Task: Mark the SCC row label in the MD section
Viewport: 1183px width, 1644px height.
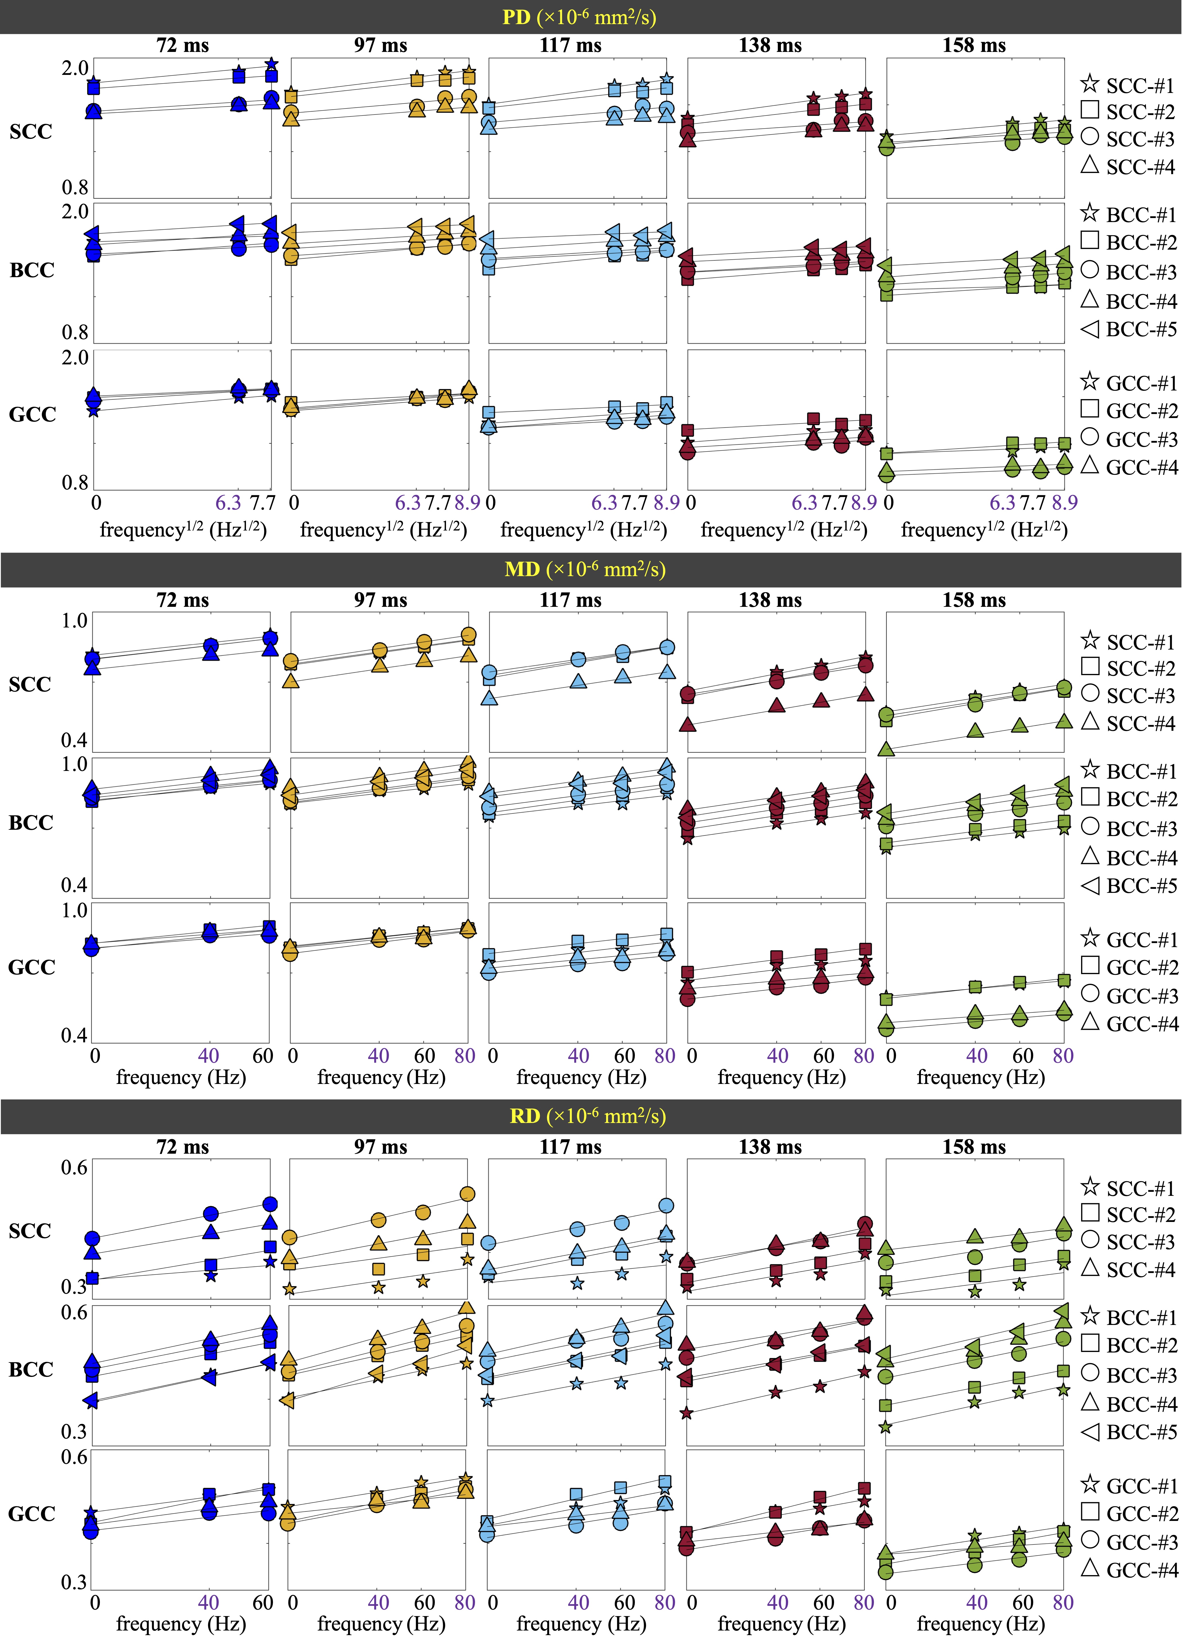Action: click(30, 684)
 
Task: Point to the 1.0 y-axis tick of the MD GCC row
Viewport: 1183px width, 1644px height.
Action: click(74, 910)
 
